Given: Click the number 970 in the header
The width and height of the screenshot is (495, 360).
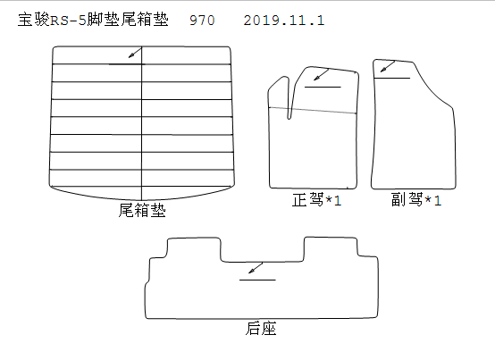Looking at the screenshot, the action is click(202, 21).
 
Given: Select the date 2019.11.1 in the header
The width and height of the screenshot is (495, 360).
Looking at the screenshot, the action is click(284, 21).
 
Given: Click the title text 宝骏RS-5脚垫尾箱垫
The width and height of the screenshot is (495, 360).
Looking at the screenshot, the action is click(93, 20).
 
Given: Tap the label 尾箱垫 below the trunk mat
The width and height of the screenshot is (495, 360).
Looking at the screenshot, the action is click(142, 210).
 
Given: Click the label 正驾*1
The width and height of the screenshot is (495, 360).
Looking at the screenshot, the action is click(316, 200).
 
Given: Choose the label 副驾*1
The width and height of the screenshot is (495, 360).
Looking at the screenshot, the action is click(416, 200).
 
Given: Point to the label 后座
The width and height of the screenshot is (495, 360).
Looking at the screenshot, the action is click(261, 329).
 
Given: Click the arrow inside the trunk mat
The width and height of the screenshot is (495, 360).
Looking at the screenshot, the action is click(135, 53).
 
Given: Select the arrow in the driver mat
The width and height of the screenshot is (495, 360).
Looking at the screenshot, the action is click(322, 75).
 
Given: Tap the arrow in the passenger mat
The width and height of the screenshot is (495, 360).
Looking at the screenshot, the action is click(388, 66).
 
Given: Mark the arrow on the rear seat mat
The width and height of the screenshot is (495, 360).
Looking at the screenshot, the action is click(256, 268).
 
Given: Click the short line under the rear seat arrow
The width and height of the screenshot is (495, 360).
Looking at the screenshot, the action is click(257, 280).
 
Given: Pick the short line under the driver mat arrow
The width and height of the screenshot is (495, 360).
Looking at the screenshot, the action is click(323, 87).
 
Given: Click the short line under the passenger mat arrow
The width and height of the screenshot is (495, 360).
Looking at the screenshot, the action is click(392, 78).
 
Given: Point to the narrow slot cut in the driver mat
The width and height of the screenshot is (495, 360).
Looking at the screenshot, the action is click(289, 97).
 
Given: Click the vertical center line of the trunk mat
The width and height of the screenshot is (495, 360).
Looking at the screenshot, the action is click(142, 123).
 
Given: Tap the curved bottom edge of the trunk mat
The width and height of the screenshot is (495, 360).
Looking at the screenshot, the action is click(142, 199).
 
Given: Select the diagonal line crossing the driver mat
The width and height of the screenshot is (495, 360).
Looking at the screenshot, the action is click(313, 110).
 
